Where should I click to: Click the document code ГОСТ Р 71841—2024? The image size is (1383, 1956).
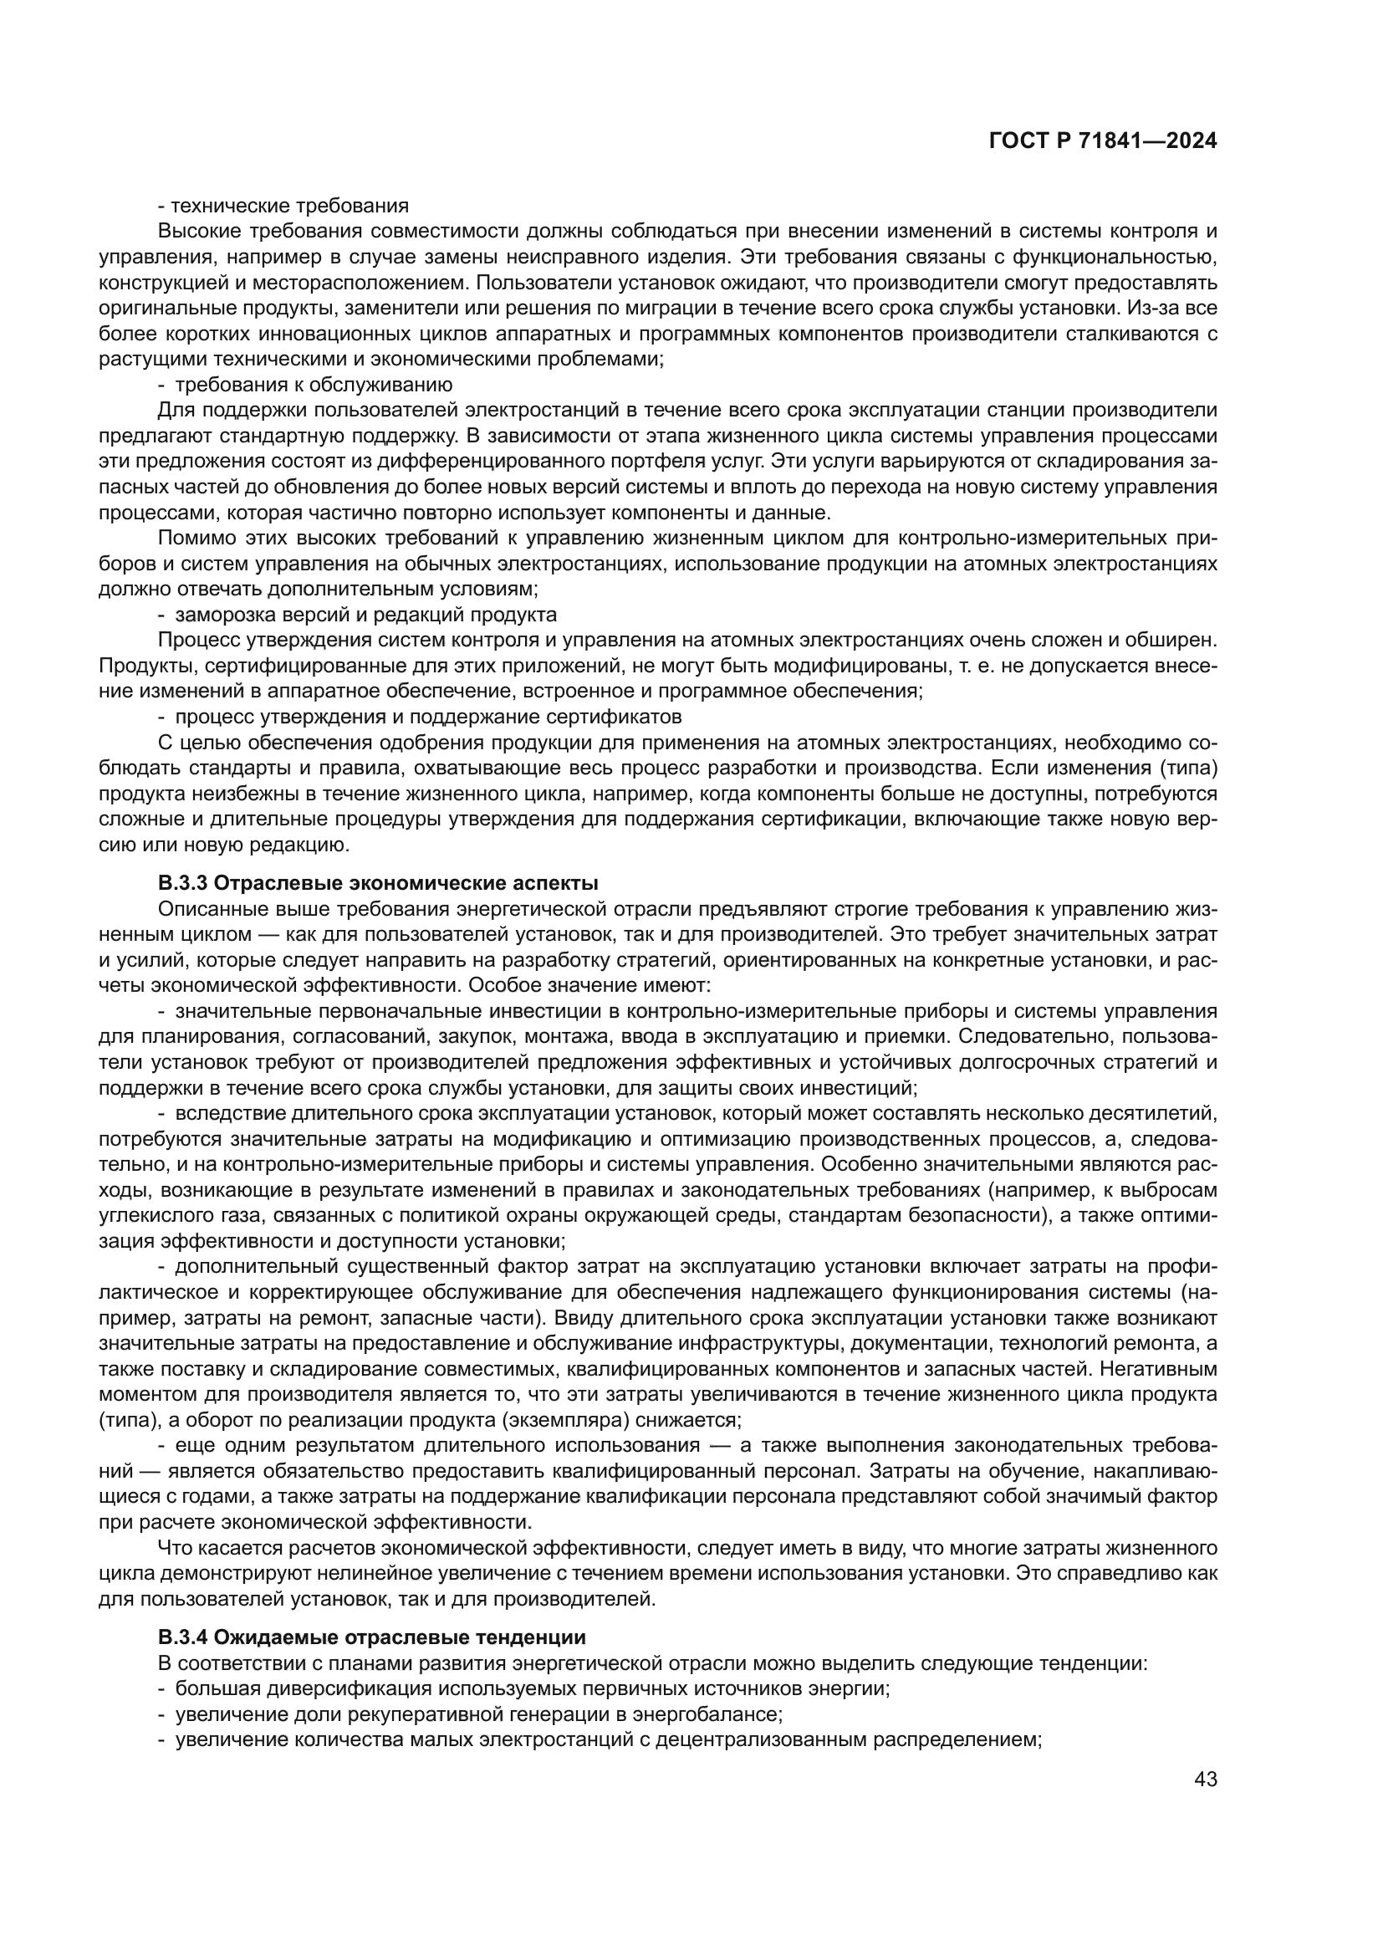(1103, 141)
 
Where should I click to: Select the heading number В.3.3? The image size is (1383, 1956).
(183, 882)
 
